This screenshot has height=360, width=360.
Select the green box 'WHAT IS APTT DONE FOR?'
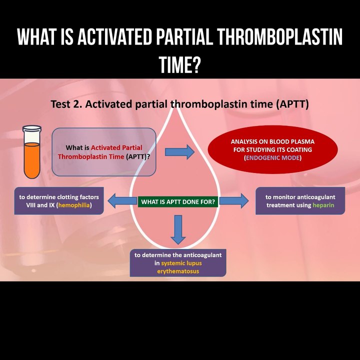(x=178, y=202)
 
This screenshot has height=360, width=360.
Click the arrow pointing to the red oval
(x=179, y=151)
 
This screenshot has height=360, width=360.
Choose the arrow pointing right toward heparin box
(x=233, y=201)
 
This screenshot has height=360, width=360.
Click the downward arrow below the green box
(x=177, y=229)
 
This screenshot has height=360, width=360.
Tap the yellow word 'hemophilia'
(x=74, y=205)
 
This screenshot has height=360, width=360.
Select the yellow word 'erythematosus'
(x=178, y=271)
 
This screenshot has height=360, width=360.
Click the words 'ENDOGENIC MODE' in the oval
(x=272, y=158)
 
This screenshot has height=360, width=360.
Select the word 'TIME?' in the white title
(x=179, y=64)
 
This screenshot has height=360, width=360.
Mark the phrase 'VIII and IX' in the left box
(x=36, y=205)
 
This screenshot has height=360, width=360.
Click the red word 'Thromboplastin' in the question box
(x=81, y=156)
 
